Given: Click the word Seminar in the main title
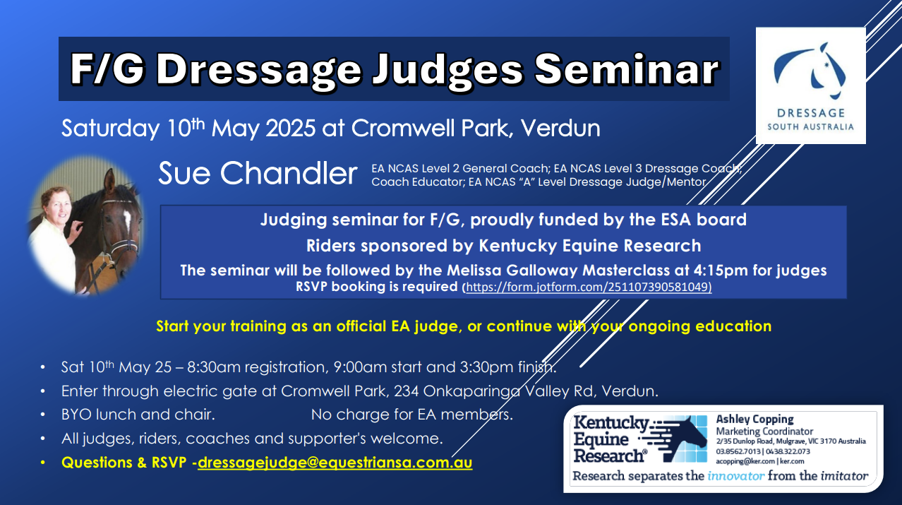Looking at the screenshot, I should [626, 69].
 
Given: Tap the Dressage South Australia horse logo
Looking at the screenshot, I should [810, 71].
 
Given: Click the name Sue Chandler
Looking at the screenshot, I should [258, 174].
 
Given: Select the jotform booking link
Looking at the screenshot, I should [587, 287].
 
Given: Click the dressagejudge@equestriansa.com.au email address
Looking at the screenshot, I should [335, 463].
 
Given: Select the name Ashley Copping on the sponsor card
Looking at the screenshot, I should [754, 420].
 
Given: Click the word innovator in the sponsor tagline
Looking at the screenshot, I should [736, 476].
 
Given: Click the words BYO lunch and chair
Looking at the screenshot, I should [138, 415].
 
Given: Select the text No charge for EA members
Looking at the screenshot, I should [412, 415].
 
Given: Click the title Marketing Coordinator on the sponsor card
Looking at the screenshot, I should [764, 432].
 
